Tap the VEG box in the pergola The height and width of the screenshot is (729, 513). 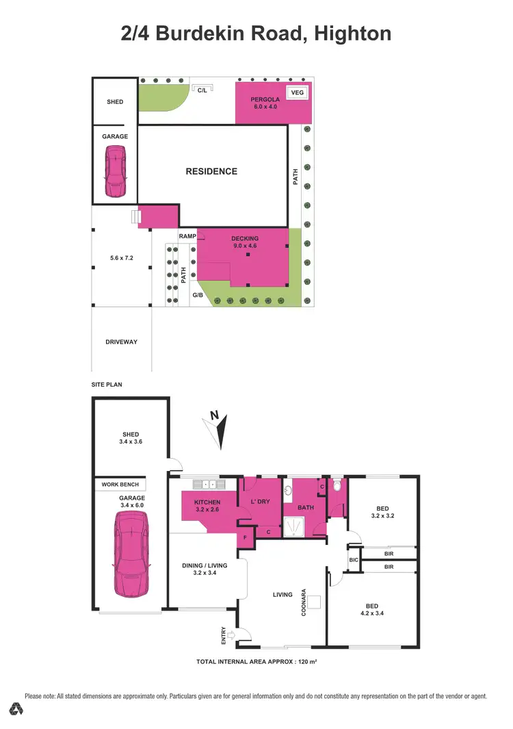297,92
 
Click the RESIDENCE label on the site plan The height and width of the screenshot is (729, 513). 211,171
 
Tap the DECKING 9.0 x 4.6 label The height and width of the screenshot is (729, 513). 244,242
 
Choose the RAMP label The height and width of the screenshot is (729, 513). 187,236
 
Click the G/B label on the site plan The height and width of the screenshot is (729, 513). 197,295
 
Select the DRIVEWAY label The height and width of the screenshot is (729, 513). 121,342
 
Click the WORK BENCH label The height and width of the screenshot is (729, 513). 120,485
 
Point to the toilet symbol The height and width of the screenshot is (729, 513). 337,487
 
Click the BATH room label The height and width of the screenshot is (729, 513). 305,507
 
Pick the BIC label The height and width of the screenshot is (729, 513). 353,561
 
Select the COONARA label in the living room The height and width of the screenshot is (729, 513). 304,602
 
